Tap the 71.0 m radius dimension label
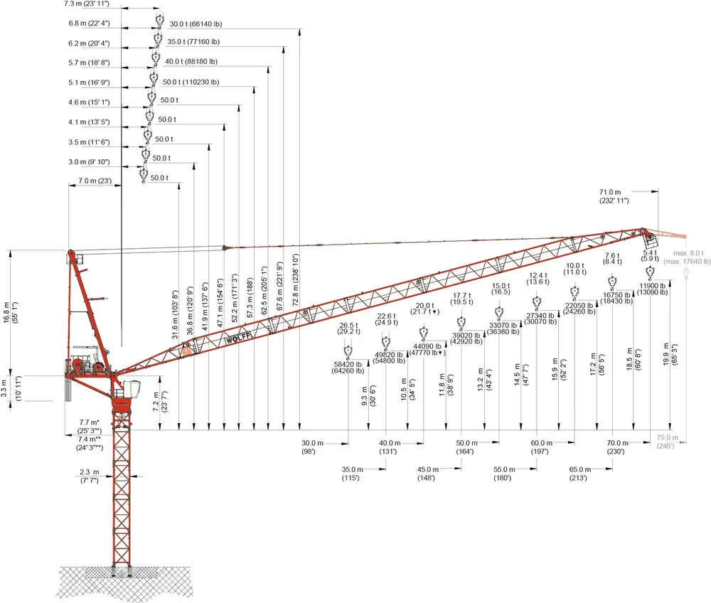point(614,196)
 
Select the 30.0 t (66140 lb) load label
point(196,24)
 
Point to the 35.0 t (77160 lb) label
point(193,42)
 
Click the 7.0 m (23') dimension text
point(95,181)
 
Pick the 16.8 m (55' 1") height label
point(11,312)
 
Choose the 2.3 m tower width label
point(90,476)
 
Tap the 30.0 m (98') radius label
point(312,447)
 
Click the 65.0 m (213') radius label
point(579,474)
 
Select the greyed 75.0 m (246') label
point(667,442)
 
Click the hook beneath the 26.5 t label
point(348,352)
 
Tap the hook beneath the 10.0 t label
point(574,292)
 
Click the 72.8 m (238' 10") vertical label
point(296,279)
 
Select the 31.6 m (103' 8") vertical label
point(176,314)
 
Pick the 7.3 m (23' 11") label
point(86,4)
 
